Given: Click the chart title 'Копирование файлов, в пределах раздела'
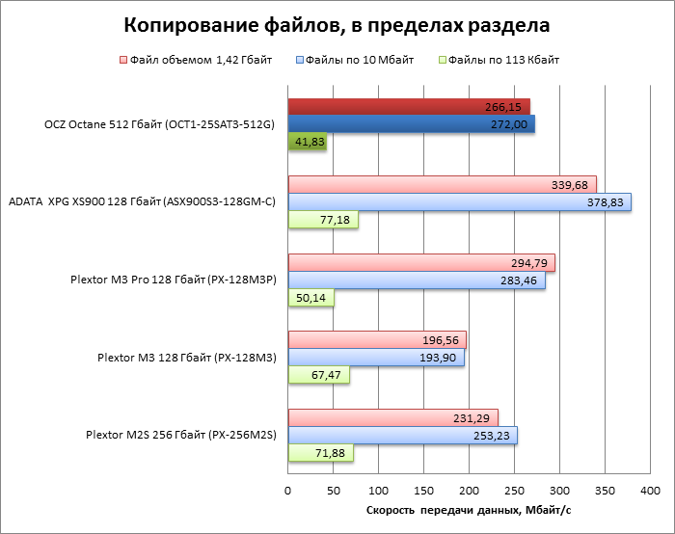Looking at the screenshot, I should (x=337, y=23).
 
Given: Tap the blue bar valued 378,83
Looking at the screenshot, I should (x=460, y=201).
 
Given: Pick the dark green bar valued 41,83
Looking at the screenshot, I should (x=308, y=142).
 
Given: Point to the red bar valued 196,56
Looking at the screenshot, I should (x=377, y=339).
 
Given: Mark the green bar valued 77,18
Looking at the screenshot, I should (x=323, y=221).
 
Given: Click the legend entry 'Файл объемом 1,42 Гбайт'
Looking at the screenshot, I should (x=194, y=60).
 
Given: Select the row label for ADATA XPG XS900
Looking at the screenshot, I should (x=142, y=201).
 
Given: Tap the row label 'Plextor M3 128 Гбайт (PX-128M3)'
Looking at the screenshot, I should (x=187, y=358).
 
